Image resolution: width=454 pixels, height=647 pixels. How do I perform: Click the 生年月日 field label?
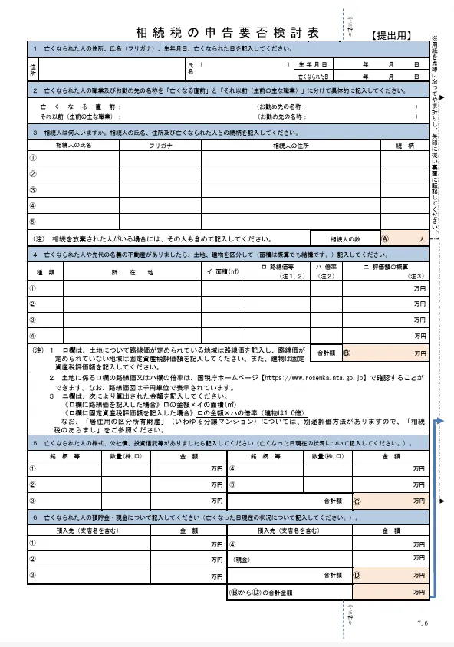[x=313, y=64]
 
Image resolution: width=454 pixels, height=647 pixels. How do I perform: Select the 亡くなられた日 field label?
[x=313, y=77]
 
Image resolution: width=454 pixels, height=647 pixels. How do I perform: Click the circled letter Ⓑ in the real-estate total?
[x=346, y=354]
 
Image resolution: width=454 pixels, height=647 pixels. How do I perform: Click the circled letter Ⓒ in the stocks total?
[x=357, y=500]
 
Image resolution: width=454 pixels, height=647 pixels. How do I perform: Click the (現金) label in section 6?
[x=244, y=560]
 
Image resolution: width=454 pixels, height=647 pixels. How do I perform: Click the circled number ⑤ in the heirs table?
[x=33, y=222]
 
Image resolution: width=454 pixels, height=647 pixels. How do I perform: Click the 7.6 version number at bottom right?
[x=423, y=622]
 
